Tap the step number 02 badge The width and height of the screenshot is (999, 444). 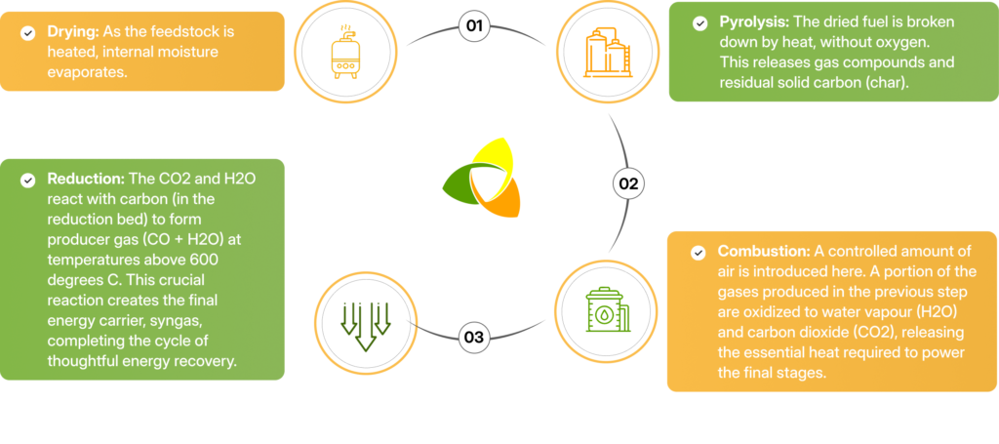[627, 182]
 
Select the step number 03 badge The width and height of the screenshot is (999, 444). [474, 338]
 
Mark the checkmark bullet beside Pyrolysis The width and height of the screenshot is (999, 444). [698, 21]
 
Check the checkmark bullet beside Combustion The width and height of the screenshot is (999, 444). [698, 253]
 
